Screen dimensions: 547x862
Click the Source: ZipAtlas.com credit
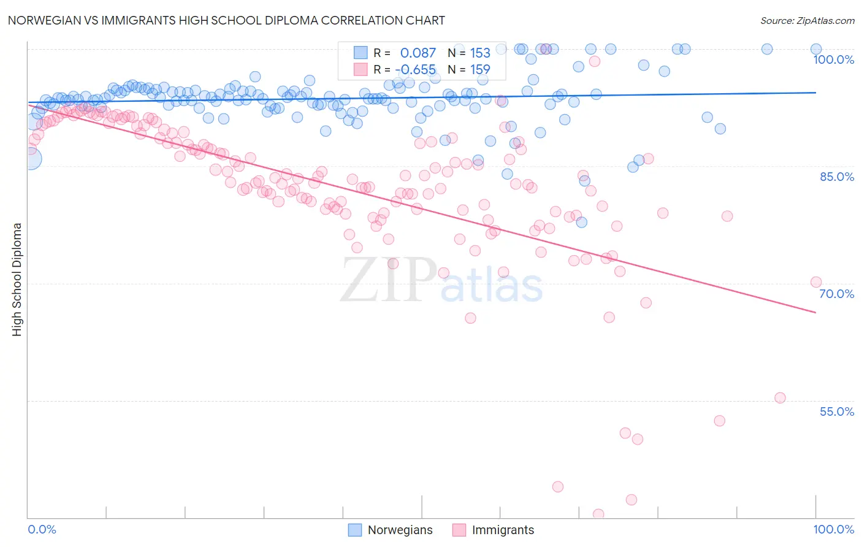(807, 20)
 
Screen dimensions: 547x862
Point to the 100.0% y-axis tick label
(833, 59)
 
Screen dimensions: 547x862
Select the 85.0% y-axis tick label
(836, 177)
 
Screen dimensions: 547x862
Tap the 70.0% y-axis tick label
(836, 294)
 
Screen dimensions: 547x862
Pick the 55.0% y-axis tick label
(836, 411)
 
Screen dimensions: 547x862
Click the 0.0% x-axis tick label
(42, 530)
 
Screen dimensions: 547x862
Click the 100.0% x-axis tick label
(833, 530)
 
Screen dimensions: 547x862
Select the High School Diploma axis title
(17, 279)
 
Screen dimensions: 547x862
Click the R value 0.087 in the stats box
(418, 53)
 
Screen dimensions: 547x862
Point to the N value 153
(480, 53)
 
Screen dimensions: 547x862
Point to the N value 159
(480, 69)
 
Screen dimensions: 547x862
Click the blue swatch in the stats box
(360, 53)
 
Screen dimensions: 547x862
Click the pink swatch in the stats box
(360, 69)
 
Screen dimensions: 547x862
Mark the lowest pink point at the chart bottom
(598, 514)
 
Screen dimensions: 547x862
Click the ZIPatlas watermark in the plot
(441, 281)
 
